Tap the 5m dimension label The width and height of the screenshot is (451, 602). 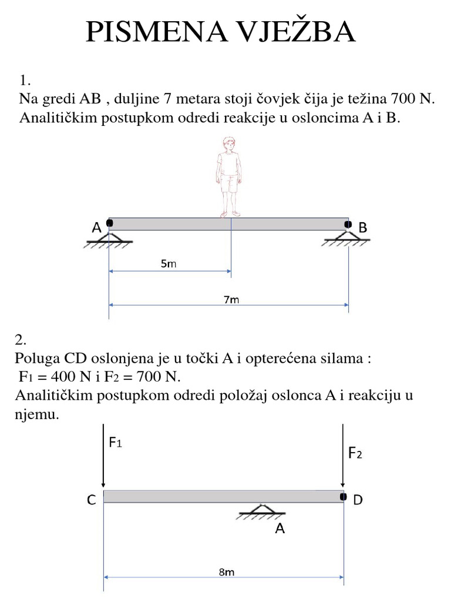169,264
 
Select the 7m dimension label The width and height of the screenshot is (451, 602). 231,299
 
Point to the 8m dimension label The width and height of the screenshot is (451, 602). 227,571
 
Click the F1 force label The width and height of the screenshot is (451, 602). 116,443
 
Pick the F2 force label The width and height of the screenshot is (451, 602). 356,453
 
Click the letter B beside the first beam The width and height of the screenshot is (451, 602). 362,228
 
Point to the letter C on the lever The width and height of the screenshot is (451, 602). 92,500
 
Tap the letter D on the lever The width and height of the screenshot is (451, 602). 358,500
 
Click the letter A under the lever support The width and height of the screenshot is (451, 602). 280,529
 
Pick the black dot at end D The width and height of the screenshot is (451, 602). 344,497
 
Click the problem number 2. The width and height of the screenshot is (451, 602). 21,339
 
